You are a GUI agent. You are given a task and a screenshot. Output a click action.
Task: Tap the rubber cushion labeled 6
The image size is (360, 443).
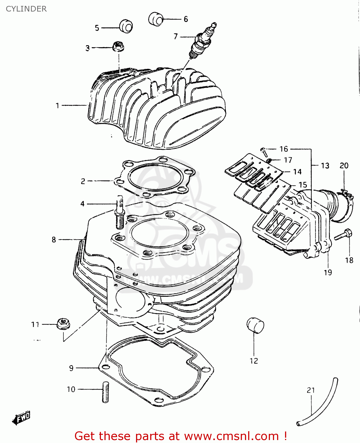(156, 19)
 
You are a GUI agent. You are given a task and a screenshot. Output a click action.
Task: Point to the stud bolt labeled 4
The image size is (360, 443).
(120, 212)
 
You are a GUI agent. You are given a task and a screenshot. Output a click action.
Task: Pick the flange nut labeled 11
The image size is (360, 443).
(63, 324)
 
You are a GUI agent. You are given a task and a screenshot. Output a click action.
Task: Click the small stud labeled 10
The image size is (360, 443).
(105, 392)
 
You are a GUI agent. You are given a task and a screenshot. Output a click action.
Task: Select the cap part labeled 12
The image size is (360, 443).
(255, 325)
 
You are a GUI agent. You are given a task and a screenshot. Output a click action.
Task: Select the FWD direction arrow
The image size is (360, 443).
(22, 418)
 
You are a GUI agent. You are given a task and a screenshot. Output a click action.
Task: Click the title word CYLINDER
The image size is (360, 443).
(26, 9)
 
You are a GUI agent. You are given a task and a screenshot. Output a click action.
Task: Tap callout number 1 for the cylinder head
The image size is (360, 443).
(58, 105)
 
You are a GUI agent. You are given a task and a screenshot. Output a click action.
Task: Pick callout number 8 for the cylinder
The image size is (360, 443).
(54, 240)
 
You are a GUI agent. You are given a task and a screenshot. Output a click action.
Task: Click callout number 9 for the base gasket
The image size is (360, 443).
(71, 368)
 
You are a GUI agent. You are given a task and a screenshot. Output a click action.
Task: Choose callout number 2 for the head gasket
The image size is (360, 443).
(83, 181)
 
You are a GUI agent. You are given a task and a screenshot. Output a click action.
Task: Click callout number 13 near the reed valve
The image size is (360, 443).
(325, 166)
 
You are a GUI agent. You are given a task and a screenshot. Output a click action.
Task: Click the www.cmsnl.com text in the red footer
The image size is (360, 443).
(231, 436)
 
